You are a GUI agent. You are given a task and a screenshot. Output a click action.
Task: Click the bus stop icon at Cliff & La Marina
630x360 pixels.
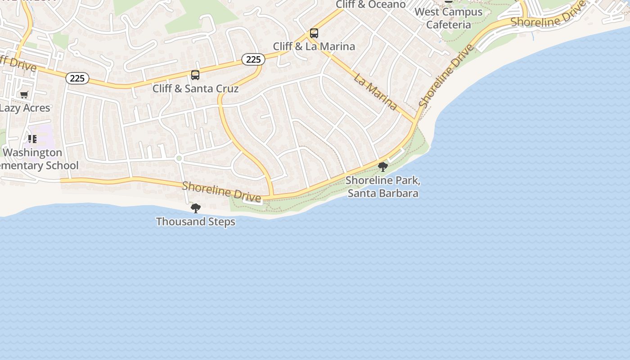click(x=314, y=33)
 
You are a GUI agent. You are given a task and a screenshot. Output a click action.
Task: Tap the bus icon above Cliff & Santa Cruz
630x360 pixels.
click(x=195, y=75)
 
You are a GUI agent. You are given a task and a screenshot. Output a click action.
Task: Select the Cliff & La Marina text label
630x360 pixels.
click(x=314, y=46)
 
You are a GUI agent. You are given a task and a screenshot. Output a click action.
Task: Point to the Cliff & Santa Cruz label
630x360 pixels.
click(x=195, y=88)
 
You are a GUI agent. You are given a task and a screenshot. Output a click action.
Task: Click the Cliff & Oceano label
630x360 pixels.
click(x=371, y=4)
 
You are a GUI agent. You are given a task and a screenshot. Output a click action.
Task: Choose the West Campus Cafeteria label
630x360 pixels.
click(x=448, y=18)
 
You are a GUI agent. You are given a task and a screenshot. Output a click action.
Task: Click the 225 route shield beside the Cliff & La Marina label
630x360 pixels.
click(x=253, y=59)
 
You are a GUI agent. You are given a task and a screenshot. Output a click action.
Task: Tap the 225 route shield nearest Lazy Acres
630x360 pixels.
click(x=77, y=78)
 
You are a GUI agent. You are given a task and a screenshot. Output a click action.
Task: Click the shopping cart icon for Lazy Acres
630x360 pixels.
click(x=24, y=94)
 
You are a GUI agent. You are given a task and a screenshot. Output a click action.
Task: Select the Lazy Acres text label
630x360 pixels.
click(x=25, y=108)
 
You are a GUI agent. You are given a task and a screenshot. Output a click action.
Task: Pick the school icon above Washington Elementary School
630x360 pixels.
click(x=32, y=139)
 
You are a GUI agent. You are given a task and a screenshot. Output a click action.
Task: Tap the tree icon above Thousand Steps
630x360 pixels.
click(x=195, y=208)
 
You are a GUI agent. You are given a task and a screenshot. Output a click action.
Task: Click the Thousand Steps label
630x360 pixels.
click(x=195, y=221)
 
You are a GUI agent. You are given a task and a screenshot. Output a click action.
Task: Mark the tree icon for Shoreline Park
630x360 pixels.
click(x=383, y=167)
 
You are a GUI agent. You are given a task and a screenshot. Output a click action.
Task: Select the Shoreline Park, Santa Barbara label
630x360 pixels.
click(x=383, y=187)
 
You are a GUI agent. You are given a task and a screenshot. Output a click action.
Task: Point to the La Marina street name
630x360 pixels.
click(x=375, y=92)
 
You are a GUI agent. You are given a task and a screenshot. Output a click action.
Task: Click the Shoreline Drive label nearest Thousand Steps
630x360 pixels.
click(x=221, y=191)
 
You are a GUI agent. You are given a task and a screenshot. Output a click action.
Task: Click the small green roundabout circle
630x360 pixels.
click(x=179, y=158)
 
